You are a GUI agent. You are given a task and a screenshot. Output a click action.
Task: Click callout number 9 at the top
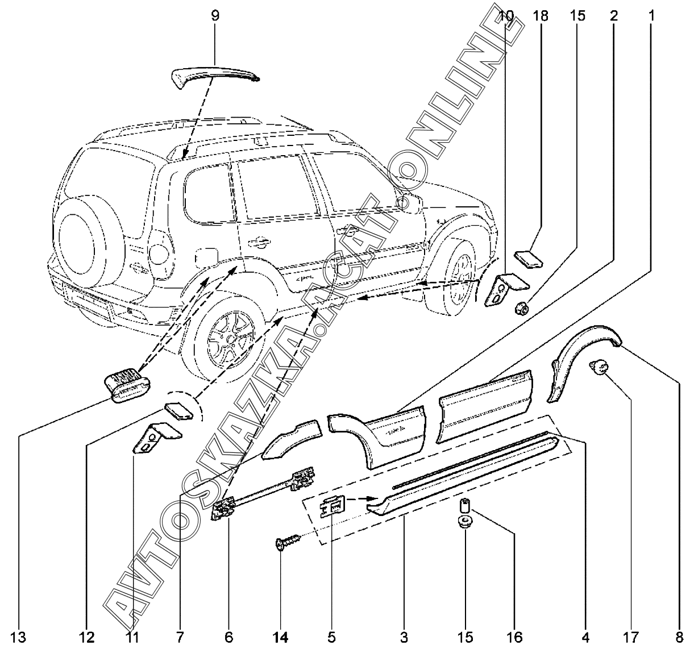click(215, 15)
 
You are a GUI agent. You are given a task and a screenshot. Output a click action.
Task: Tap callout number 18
click(541, 15)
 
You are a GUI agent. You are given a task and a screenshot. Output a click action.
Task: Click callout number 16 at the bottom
click(514, 637)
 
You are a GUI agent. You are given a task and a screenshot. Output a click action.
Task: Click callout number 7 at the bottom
click(180, 637)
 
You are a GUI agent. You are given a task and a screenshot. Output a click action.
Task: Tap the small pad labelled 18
click(529, 259)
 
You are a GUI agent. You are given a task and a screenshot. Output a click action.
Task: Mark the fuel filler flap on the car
click(205, 258)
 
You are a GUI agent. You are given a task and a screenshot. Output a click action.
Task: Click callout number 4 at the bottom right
click(585, 637)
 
